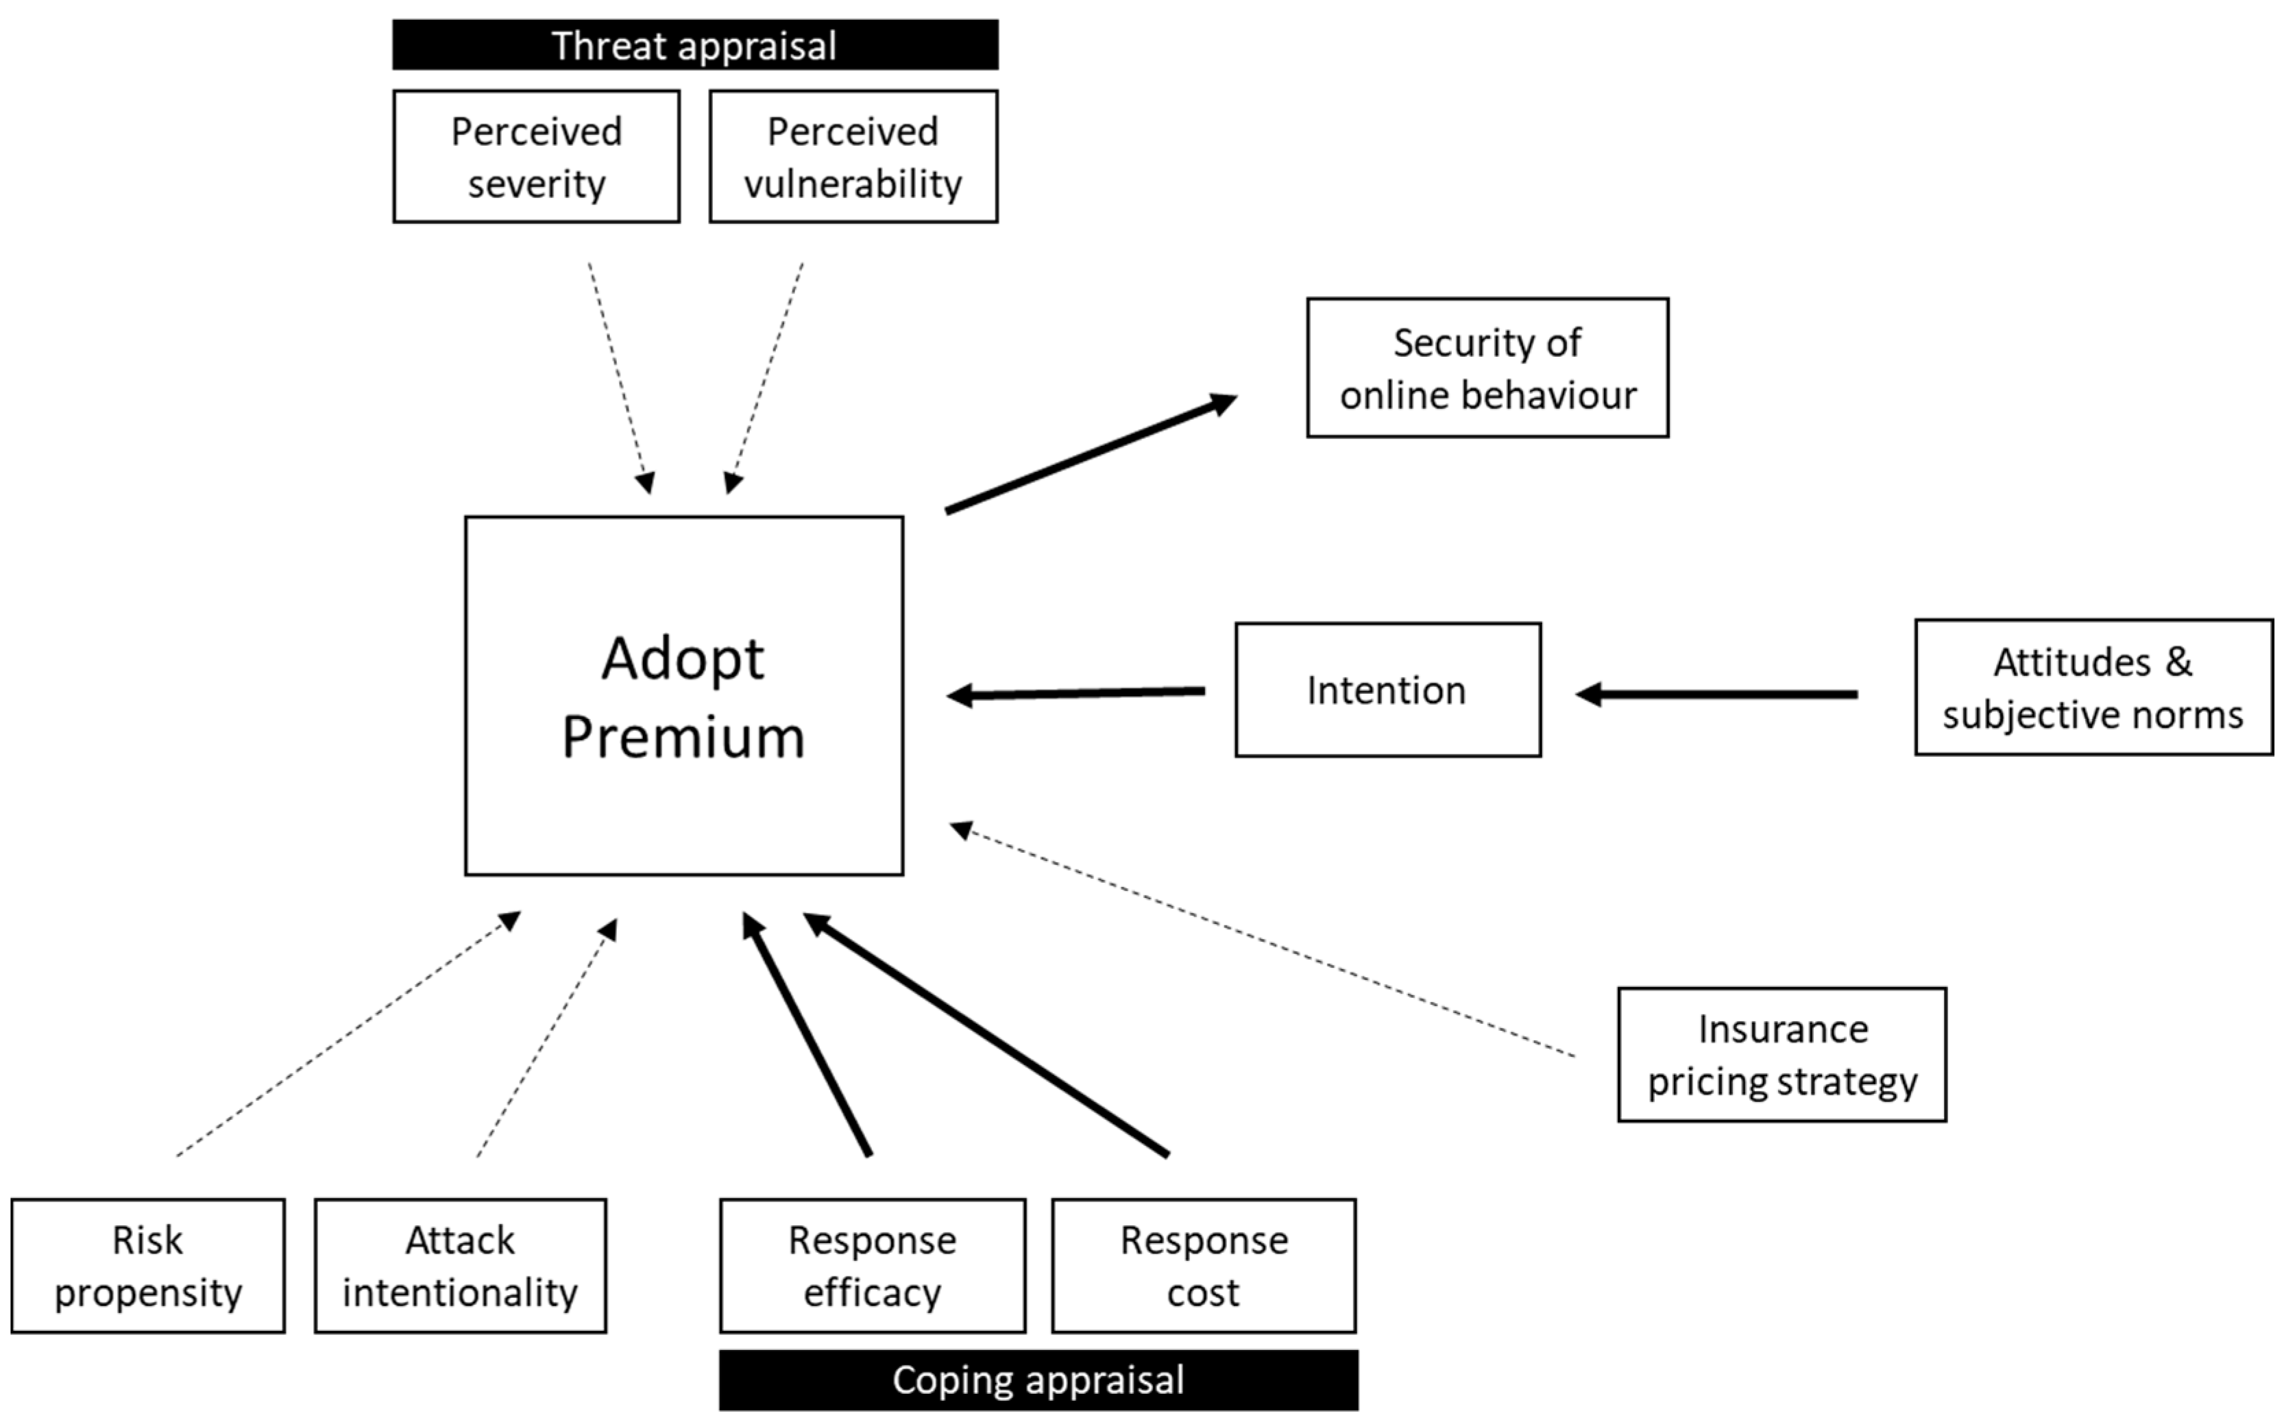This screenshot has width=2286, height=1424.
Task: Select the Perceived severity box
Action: point(536,156)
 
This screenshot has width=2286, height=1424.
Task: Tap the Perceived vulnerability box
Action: point(853,156)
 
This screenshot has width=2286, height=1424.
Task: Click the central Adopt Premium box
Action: point(683,695)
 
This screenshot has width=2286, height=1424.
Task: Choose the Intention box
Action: point(1387,689)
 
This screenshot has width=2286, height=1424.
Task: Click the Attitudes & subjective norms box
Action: point(2093,688)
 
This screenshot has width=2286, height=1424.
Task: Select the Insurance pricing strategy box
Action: point(1781,1055)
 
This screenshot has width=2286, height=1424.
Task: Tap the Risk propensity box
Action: point(148,1265)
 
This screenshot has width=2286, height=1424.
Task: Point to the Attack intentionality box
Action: point(460,1265)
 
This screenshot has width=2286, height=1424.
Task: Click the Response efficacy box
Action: point(872,1265)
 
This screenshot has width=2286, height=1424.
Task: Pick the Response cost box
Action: point(1203,1265)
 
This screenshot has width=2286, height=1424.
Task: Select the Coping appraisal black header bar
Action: point(1038,1379)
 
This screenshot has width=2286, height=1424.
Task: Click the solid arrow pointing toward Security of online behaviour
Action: point(1091,455)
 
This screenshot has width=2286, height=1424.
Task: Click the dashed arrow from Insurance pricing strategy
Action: point(1263,941)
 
